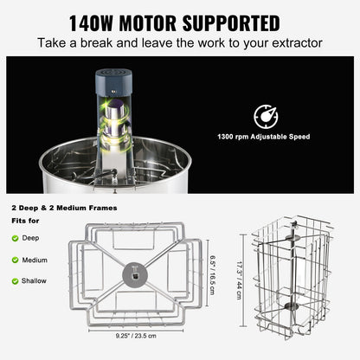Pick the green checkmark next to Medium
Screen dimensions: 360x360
(15, 258)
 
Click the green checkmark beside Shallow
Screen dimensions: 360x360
(15, 280)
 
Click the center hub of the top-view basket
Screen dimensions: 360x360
(136, 273)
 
